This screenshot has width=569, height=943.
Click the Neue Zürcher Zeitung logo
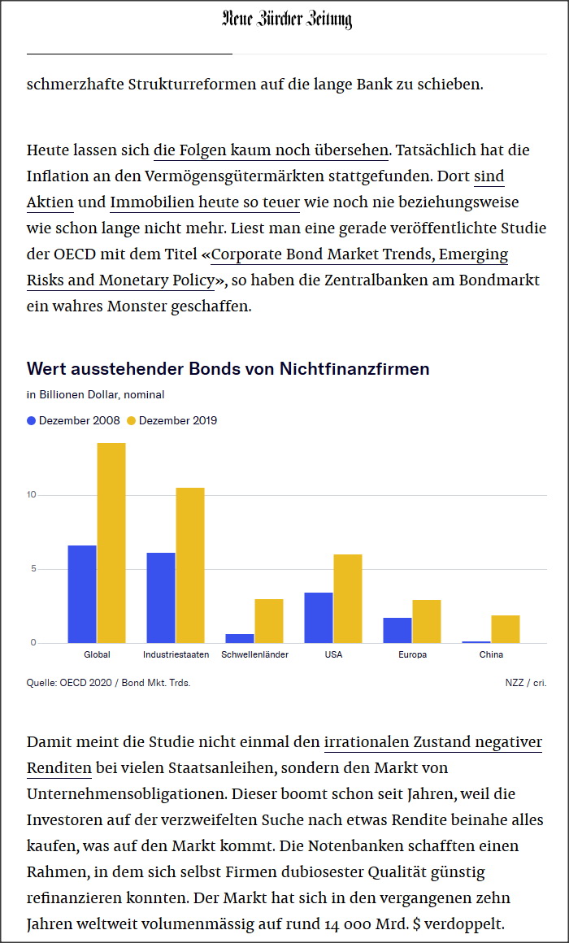click(286, 20)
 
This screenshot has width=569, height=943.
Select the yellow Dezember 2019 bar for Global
click(111, 543)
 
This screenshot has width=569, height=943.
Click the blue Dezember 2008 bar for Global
click(82, 594)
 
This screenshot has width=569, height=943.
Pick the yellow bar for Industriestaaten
click(190, 565)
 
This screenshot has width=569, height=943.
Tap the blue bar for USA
click(319, 618)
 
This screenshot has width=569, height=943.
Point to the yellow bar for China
click(506, 629)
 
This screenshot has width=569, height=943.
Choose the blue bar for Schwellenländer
click(240, 638)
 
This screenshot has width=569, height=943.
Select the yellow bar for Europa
click(427, 622)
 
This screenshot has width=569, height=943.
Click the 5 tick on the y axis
click(33, 569)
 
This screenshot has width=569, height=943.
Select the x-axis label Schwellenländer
click(254, 654)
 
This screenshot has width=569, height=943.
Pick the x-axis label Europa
click(412, 654)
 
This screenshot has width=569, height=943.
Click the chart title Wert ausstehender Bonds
click(228, 369)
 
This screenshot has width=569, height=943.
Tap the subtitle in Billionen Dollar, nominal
click(95, 395)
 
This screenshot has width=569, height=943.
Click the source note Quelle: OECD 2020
click(108, 683)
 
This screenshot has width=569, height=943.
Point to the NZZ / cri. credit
click(525, 683)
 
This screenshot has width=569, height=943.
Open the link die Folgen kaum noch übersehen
click(271, 150)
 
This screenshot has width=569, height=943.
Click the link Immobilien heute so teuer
click(205, 202)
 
